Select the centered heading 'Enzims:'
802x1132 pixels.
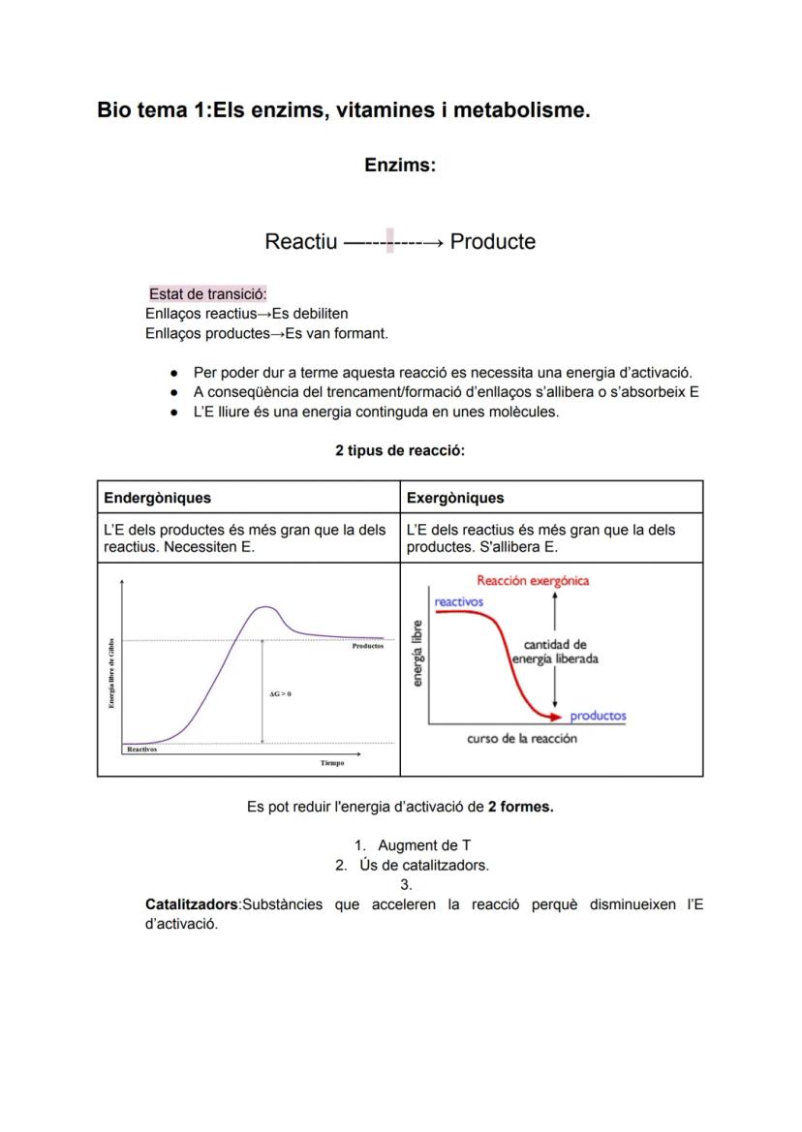click(x=400, y=166)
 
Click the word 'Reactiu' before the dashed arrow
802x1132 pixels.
click(x=301, y=241)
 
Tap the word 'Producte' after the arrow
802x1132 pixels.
click(x=492, y=241)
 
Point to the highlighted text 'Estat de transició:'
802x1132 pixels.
click(x=208, y=294)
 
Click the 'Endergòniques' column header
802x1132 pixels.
click(x=157, y=498)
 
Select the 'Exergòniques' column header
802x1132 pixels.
click(x=455, y=498)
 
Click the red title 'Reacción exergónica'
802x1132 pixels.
click(x=533, y=581)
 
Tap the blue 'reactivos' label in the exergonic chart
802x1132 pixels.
click(x=459, y=601)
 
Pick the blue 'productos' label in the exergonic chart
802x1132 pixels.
click(x=598, y=717)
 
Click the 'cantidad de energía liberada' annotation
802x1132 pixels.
click(x=555, y=652)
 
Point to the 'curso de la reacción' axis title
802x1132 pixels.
click(x=522, y=739)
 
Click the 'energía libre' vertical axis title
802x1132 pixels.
click(x=417, y=654)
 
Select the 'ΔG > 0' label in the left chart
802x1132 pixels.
click(x=280, y=694)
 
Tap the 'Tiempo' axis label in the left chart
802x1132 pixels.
click(x=332, y=763)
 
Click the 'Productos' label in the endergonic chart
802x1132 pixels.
click(x=368, y=646)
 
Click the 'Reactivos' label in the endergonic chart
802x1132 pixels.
click(x=142, y=750)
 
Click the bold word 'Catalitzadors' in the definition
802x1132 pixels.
click(x=191, y=904)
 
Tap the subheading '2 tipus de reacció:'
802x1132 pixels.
click(x=400, y=451)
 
